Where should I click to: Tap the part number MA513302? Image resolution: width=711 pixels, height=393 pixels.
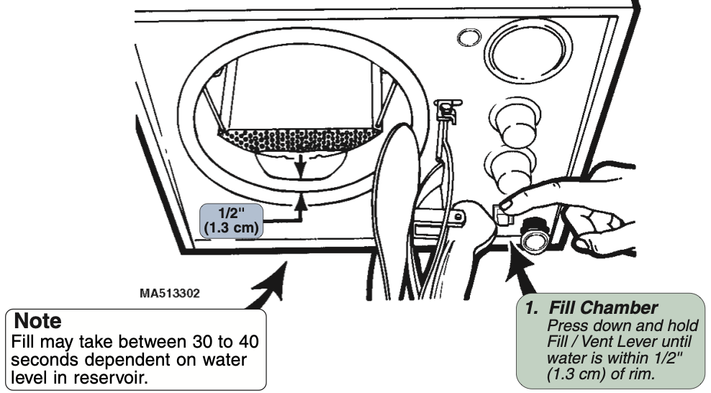point(170,294)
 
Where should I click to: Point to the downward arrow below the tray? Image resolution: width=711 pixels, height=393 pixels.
point(302,164)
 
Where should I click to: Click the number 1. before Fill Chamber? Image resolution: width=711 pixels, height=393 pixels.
point(532,309)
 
